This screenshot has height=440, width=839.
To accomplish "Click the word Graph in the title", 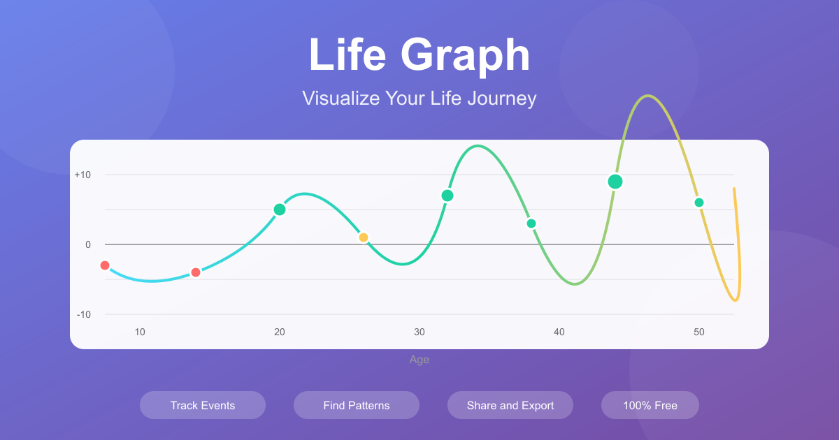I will click(465, 56).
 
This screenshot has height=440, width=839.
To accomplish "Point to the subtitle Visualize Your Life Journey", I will click(419, 98).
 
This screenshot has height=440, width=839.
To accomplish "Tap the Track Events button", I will click(203, 405).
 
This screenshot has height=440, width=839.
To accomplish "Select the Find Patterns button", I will click(357, 405).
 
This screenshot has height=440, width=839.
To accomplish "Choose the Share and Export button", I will click(510, 405).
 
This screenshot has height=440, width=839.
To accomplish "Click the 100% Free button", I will click(650, 405).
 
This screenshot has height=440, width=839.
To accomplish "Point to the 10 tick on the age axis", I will click(140, 332).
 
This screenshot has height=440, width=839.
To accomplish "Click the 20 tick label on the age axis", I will click(280, 332).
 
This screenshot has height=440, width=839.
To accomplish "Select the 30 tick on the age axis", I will click(419, 332).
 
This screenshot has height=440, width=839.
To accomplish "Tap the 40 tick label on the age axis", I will click(559, 332).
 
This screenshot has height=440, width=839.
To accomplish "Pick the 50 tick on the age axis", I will click(699, 332).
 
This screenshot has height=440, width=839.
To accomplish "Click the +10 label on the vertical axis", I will click(83, 175).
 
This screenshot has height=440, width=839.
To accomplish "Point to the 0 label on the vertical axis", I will click(88, 244).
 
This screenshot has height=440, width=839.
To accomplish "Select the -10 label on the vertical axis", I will click(84, 314).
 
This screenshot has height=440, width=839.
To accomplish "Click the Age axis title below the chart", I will click(419, 360).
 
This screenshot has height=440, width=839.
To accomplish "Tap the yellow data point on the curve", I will click(364, 237).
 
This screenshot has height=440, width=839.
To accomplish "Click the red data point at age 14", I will click(196, 272).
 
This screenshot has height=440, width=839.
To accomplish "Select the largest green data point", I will click(615, 182).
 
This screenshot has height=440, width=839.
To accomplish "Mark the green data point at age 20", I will click(280, 210).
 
